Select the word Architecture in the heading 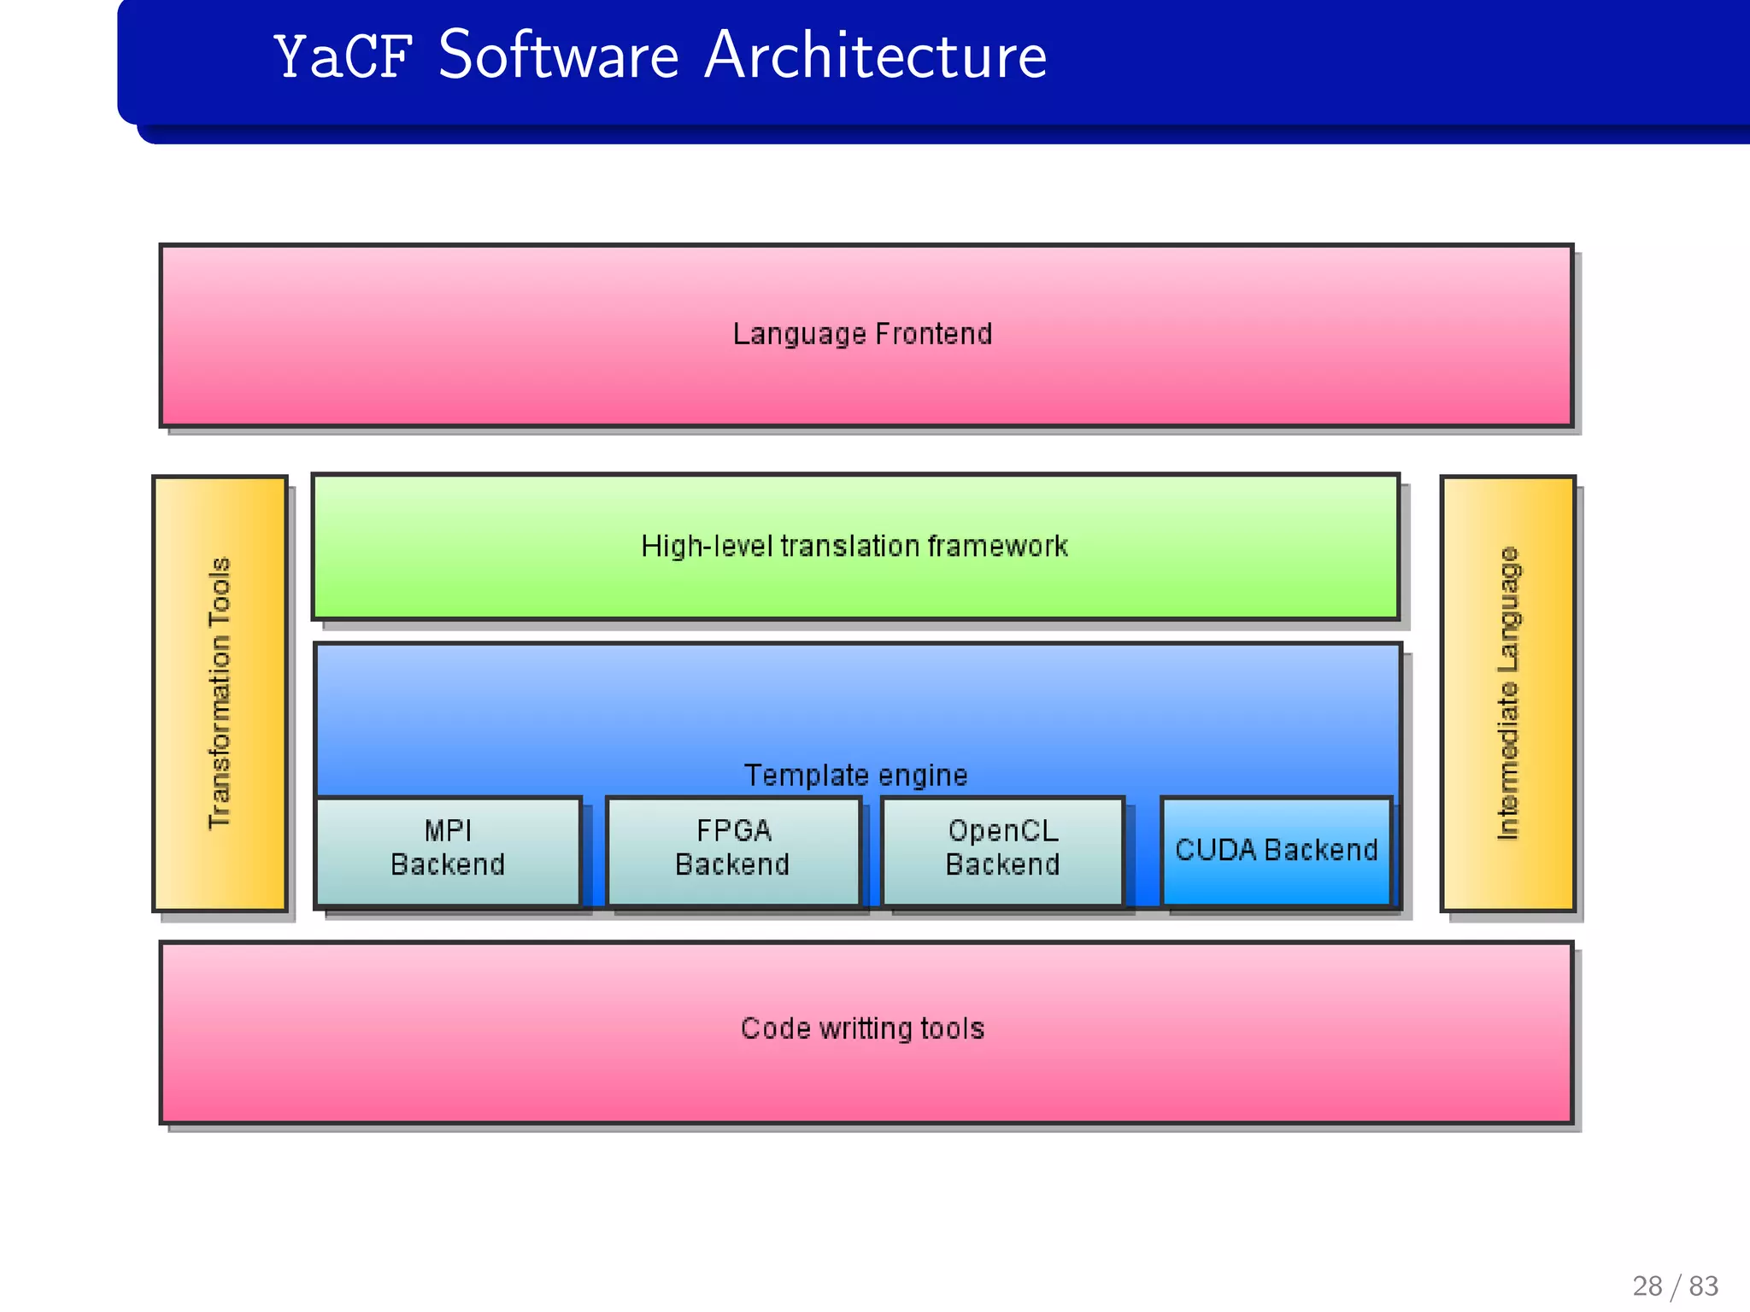coord(875,56)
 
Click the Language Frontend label coord(862,334)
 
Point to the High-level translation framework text coord(854,547)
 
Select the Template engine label coord(855,776)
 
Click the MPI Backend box coord(448,851)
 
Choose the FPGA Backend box coord(733,851)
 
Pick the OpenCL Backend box coord(1002,851)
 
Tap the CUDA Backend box coord(1276,851)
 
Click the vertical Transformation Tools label coord(220,693)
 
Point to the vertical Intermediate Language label coord(1508,693)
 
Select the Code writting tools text coord(862,1029)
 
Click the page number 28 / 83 coord(1675,1286)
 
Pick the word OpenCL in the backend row coord(1003,830)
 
